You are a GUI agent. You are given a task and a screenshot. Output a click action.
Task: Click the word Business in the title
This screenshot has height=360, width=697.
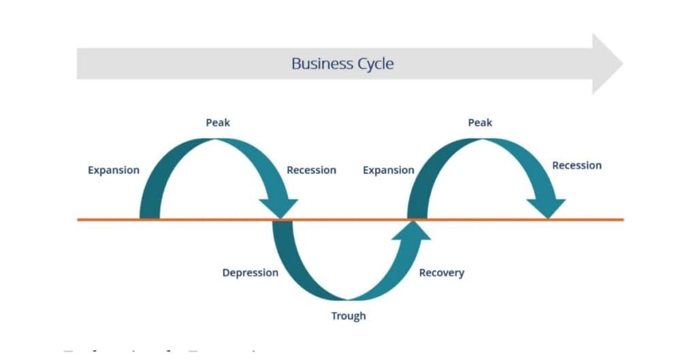pyautogui.click(x=322, y=64)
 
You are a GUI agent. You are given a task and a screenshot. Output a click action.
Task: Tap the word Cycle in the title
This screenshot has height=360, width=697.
pyautogui.click(x=375, y=64)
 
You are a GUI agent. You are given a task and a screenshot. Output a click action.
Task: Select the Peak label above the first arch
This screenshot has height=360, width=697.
pyautogui.click(x=218, y=122)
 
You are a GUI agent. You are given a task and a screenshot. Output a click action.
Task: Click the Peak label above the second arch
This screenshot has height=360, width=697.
pyautogui.click(x=480, y=122)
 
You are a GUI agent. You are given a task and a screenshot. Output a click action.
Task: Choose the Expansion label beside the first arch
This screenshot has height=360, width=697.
pyautogui.click(x=114, y=170)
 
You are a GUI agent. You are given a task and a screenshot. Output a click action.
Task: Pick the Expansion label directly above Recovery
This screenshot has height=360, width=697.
pyautogui.click(x=388, y=170)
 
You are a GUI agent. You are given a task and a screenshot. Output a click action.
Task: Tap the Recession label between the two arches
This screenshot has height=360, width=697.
pyautogui.click(x=311, y=170)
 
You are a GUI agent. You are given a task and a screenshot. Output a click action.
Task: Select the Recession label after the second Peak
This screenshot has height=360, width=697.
pyautogui.click(x=577, y=165)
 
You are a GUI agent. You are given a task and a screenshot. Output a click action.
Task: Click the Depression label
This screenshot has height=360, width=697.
pyautogui.click(x=250, y=273)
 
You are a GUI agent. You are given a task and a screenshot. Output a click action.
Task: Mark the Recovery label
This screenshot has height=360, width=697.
pyautogui.click(x=441, y=273)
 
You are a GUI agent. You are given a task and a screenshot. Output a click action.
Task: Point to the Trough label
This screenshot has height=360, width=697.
pyautogui.click(x=348, y=316)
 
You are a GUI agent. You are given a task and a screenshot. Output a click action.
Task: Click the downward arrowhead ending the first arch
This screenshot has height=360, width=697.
pyautogui.click(x=279, y=208)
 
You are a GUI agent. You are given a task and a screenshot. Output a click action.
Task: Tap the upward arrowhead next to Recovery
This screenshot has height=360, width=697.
pyautogui.click(x=411, y=231)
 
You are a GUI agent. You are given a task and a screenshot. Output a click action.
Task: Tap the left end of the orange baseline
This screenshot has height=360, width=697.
pyautogui.click(x=78, y=219)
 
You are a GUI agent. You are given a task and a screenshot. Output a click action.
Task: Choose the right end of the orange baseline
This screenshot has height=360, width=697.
pyautogui.click(x=622, y=219)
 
